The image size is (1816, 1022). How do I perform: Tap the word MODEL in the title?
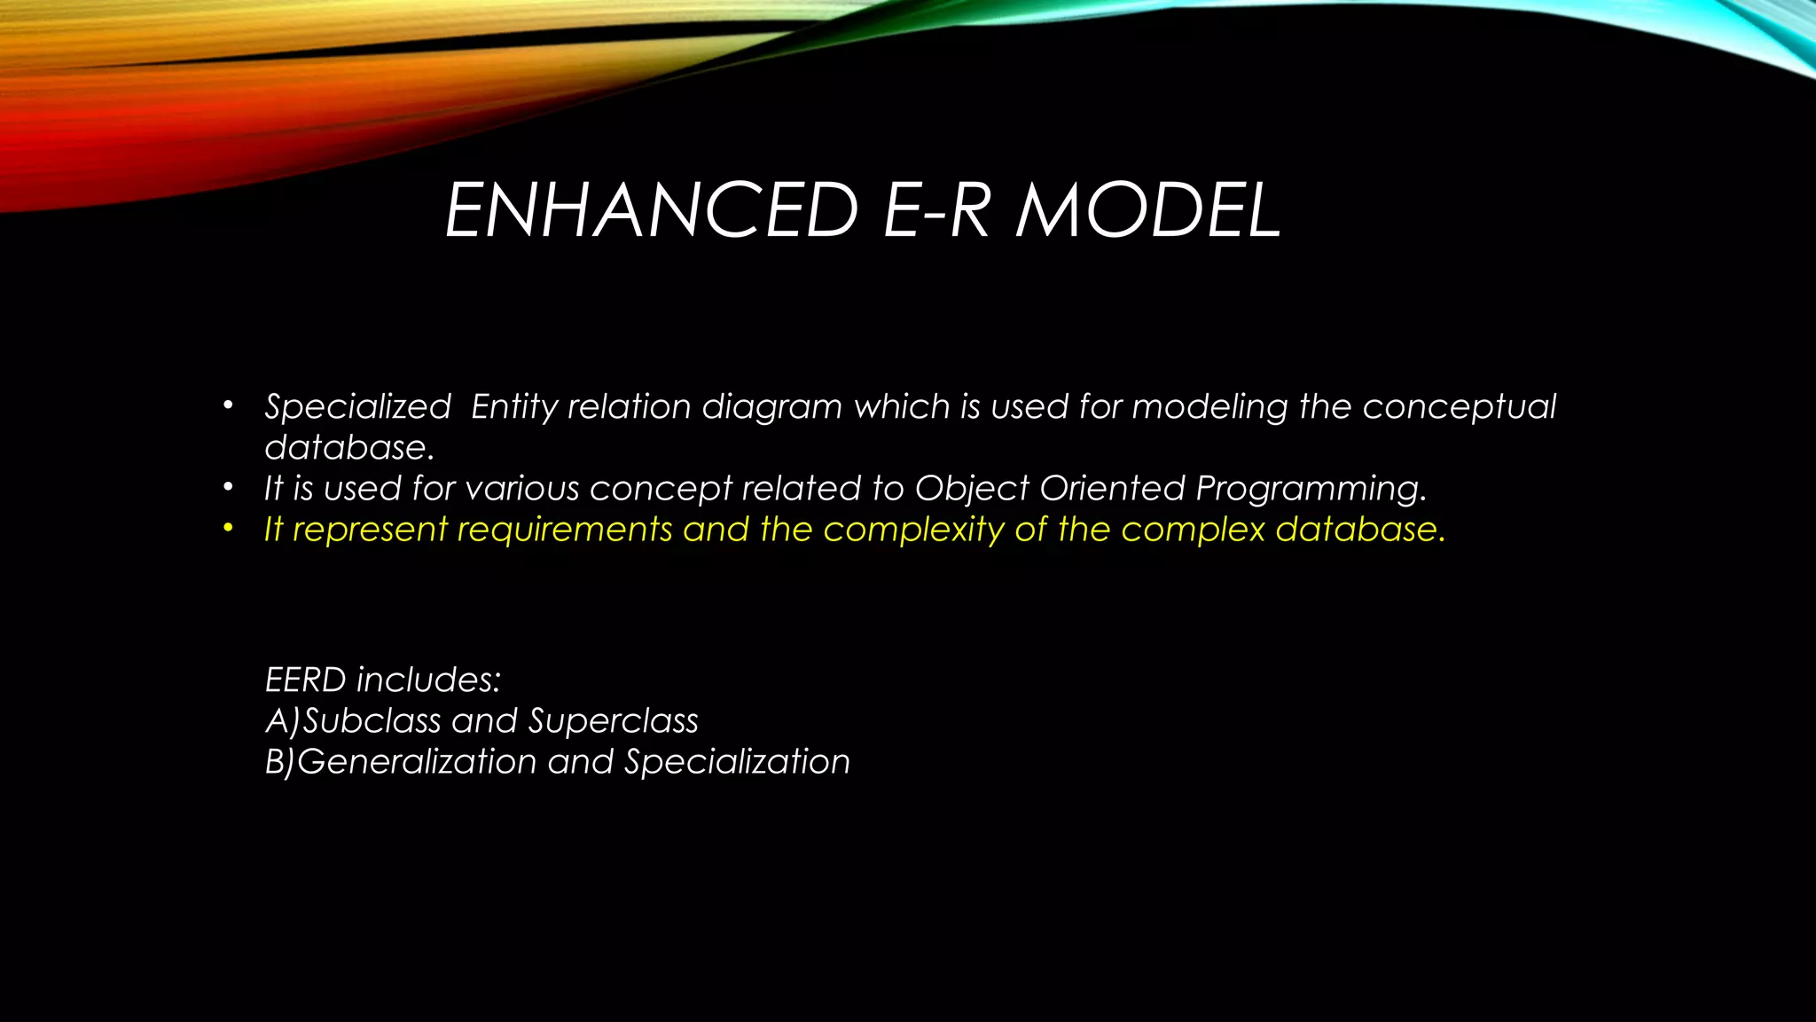1148,211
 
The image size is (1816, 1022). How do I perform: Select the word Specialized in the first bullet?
357,407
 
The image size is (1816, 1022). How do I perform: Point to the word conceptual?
1459,407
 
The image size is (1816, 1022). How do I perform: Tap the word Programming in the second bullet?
1310,489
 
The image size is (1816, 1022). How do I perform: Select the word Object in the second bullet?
972,489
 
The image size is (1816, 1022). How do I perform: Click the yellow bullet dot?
228,529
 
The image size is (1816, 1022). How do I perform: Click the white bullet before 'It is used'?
228,488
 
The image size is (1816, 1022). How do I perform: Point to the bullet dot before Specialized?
228,406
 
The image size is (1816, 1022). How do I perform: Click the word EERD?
305,680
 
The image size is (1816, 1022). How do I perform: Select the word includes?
428,680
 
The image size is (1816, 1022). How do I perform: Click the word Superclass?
613,721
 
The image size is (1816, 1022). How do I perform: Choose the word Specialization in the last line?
737,762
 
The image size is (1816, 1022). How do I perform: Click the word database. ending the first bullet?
349,448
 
